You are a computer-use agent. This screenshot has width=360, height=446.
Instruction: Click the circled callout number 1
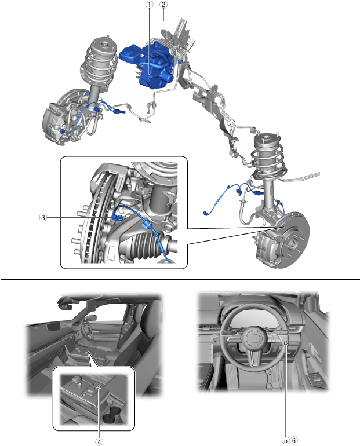tap(150, 5)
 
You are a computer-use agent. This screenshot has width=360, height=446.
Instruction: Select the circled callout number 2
tap(164, 5)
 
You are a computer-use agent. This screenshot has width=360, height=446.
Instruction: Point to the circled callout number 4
tap(99, 439)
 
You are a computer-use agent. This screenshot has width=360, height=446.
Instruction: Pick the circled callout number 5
tap(285, 439)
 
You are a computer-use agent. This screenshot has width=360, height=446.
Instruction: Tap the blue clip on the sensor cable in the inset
tap(147, 223)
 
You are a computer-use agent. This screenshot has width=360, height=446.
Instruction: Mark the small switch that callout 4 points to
tap(99, 387)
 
